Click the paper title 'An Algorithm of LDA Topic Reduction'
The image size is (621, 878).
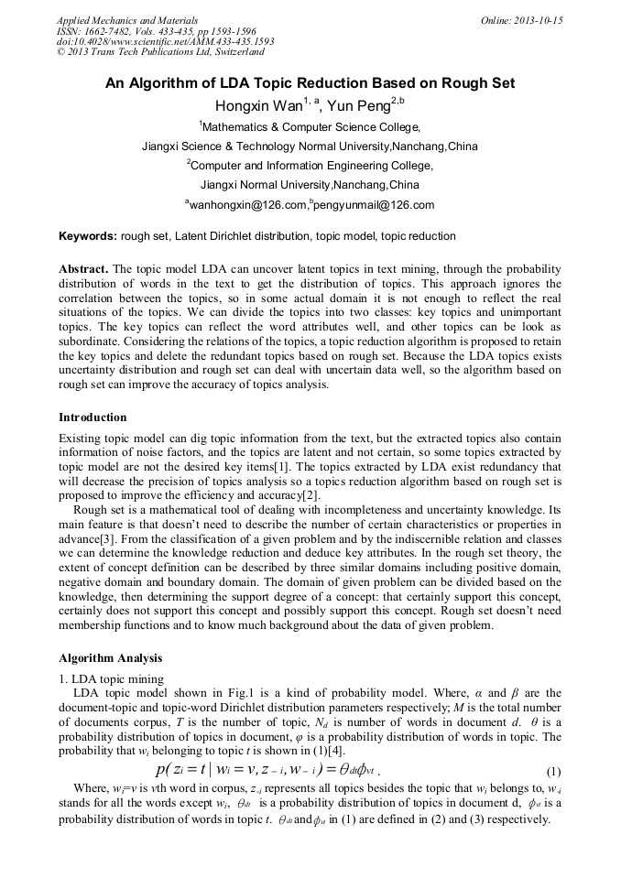310,83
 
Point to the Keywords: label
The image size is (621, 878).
88,236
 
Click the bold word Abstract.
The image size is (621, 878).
82,269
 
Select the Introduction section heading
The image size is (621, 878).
93,417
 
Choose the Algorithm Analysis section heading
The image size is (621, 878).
110,657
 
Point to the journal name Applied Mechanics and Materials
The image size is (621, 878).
127,19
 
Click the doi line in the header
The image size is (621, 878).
165,41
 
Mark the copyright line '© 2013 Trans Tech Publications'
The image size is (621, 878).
160,52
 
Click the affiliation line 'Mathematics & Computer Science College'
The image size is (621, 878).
310,127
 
